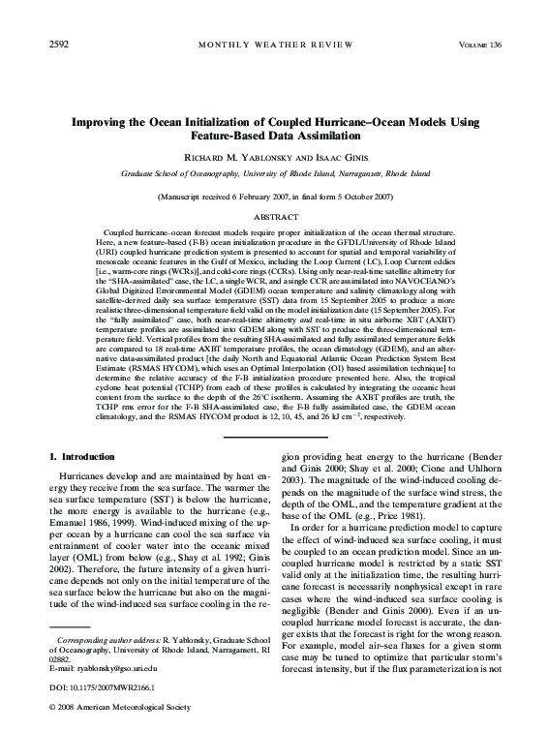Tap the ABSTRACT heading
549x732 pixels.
(x=274, y=218)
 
